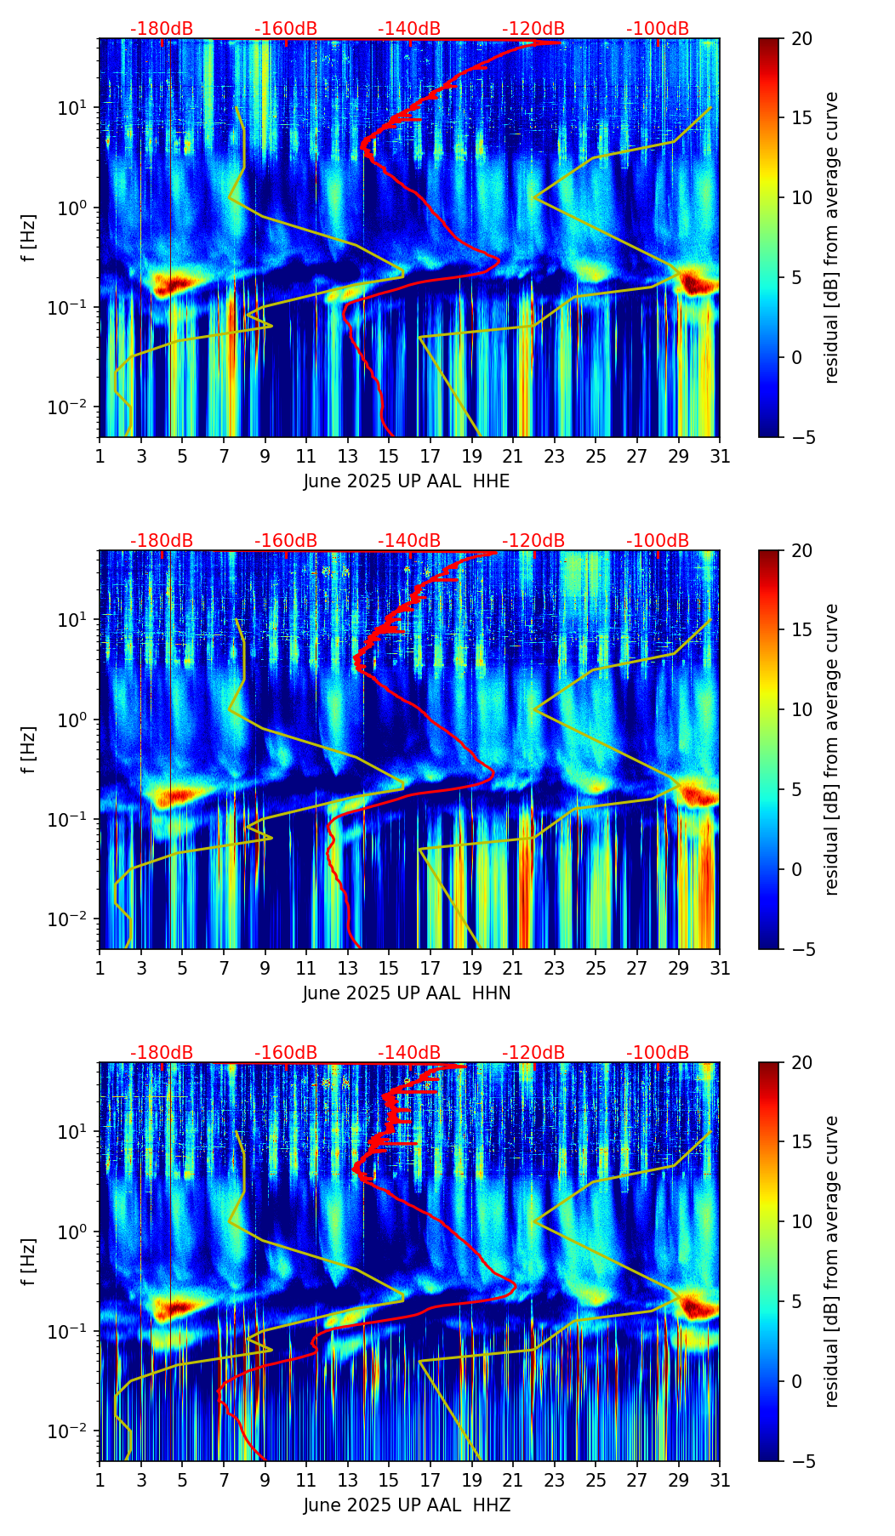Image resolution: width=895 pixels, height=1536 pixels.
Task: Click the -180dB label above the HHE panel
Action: [162, 29]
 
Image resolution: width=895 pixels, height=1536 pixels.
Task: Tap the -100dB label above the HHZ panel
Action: [658, 1053]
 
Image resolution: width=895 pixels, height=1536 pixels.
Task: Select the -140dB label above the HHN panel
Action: [409, 541]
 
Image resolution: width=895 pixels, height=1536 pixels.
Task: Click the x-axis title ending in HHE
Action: [407, 481]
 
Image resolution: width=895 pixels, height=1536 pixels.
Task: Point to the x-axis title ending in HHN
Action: [407, 993]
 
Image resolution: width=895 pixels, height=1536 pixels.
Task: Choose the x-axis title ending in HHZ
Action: [407, 1505]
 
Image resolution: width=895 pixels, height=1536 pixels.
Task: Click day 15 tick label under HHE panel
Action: [389, 456]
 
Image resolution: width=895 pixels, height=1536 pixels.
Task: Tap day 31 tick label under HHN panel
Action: [720, 968]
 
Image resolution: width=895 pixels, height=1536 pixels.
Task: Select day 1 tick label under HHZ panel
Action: [100, 1480]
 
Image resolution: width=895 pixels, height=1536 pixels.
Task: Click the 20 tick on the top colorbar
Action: [801, 39]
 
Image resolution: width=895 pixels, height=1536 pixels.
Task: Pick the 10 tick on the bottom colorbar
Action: [801, 1221]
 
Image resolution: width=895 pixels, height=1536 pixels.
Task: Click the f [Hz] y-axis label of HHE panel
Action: [29, 238]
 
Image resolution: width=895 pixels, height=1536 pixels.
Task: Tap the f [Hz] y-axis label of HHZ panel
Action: [29, 1262]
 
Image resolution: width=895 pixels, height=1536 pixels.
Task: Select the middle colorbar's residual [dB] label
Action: [831, 749]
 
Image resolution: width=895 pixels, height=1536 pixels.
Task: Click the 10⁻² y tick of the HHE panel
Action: [74, 407]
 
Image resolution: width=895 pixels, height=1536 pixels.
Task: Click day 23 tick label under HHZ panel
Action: [555, 1480]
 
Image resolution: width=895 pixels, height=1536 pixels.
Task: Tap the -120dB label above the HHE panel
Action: [533, 29]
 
